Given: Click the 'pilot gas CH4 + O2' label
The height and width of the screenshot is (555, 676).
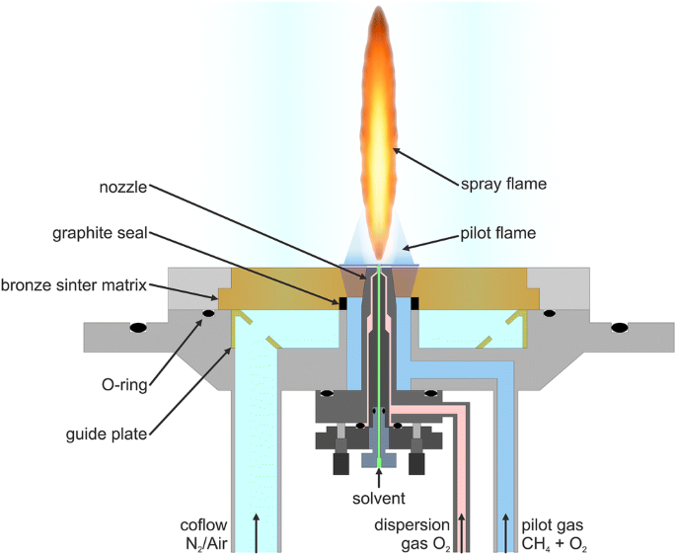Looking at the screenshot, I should pos(558,533).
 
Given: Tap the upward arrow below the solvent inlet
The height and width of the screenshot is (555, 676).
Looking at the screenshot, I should pos(379,474).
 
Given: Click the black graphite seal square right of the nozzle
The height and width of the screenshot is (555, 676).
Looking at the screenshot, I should pos(414,302).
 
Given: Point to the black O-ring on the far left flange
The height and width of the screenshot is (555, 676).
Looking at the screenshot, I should pos(139,327).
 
